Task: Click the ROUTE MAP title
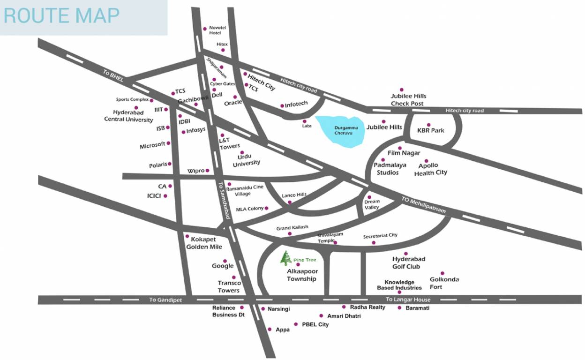[x=61, y=15]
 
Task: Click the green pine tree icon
[x=285, y=258]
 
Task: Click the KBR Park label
[x=431, y=130]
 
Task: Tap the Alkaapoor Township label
[x=302, y=275]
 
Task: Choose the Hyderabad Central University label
[x=128, y=116]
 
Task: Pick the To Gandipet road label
[x=165, y=300]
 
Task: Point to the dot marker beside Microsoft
[x=168, y=143]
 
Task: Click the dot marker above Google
[x=225, y=261]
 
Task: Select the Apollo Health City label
[x=430, y=169]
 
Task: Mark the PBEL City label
[x=315, y=324]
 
